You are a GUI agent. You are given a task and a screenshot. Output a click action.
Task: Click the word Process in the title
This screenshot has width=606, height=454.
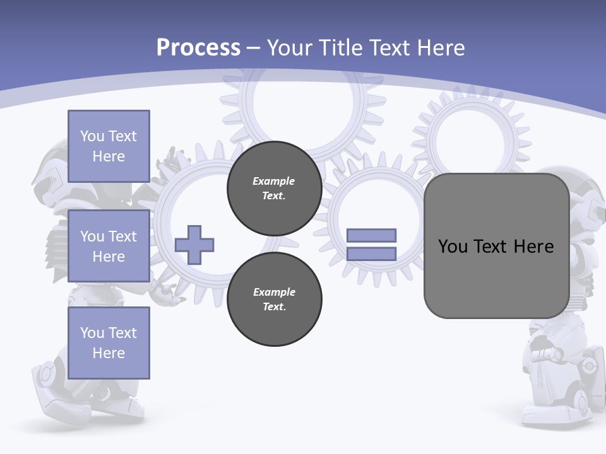(198, 48)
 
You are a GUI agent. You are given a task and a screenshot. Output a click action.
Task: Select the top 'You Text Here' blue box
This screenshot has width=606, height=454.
(109, 146)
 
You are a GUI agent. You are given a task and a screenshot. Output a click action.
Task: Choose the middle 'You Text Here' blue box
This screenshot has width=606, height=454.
(109, 246)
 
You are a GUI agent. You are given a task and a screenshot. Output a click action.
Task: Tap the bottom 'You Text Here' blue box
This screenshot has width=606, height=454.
(109, 343)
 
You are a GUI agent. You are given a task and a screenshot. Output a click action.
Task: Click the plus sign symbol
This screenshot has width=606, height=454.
(194, 245)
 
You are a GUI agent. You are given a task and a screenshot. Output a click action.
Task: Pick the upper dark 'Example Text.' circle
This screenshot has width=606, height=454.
(274, 189)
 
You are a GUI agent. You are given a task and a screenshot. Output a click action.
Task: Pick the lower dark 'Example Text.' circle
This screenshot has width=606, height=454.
(274, 300)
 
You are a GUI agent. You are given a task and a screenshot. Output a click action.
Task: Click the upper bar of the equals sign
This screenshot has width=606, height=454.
(371, 235)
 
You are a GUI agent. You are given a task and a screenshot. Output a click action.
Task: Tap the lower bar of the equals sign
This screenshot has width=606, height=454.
(371, 253)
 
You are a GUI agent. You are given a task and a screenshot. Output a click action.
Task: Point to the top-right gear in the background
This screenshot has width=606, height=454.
(472, 136)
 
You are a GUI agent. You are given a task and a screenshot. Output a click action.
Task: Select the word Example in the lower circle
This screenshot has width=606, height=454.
(274, 292)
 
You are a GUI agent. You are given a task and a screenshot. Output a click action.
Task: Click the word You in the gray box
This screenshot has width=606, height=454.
(453, 247)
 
